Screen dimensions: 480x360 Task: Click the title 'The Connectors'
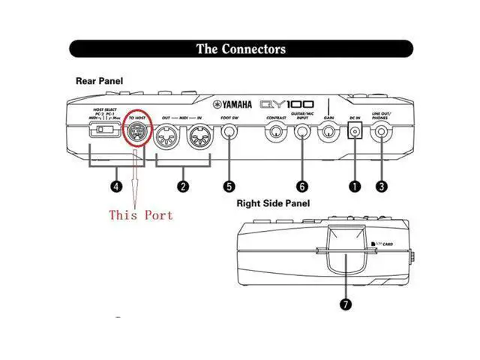click(x=241, y=49)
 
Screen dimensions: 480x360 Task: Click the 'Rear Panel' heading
click(x=100, y=81)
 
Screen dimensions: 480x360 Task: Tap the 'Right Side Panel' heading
click(x=273, y=202)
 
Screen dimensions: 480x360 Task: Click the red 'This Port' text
click(x=141, y=215)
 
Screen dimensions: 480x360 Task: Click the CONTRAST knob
click(x=276, y=135)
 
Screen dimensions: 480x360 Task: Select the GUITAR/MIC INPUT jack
click(x=302, y=135)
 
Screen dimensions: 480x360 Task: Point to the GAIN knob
click(x=328, y=135)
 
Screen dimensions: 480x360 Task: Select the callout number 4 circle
click(x=116, y=185)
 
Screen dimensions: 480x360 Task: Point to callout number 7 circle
click(x=345, y=304)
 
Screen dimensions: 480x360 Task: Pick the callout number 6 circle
click(x=302, y=185)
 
